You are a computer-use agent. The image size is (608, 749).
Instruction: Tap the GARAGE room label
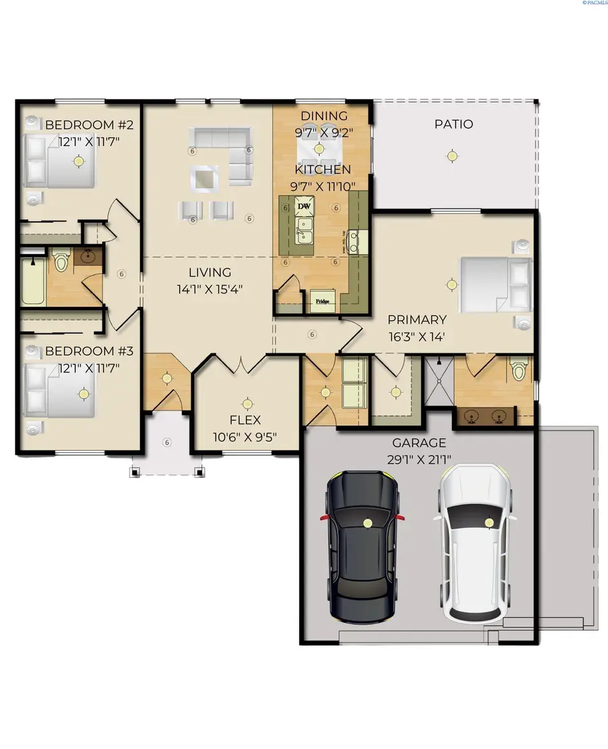pyautogui.click(x=419, y=443)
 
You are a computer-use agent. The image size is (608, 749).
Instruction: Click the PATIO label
pyautogui.click(x=453, y=124)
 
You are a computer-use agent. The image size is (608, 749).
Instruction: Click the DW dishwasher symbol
pyautogui.click(x=305, y=206)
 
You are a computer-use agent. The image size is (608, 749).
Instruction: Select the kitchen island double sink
pyautogui.click(x=305, y=230)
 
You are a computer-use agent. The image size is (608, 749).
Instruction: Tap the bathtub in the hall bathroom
pyautogui.click(x=32, y=281)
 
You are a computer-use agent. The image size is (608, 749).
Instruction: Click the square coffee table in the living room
pyautogui.click(x=203, y=178)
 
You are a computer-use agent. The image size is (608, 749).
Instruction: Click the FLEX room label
pyautogui.click(x=246, y=420)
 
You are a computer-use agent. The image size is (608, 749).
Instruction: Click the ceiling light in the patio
pyautogui.click(x=451, y=156)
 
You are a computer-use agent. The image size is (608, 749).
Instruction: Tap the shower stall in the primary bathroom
pyautogui.click(x=438, y=381)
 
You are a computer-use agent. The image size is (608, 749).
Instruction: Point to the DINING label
pyautogui.click(x=324, y=116)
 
